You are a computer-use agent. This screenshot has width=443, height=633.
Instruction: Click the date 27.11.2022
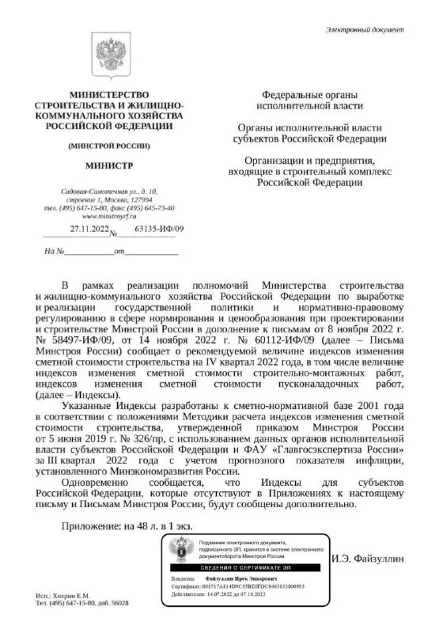[x=88, y=230]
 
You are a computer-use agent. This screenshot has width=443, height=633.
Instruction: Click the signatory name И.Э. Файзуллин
[x=369, y=559]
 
